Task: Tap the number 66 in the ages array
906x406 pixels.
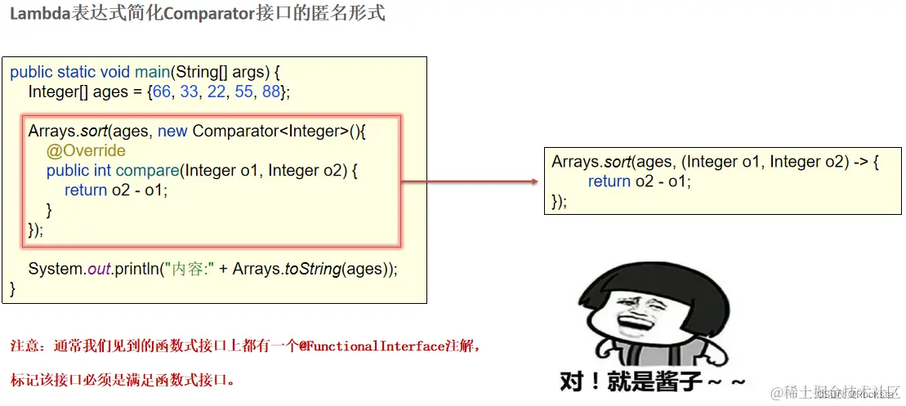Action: (162, 91)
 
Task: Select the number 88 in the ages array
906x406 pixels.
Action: (271, 91)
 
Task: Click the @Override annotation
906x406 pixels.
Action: (86, 151)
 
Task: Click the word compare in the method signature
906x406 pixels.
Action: (147, 171)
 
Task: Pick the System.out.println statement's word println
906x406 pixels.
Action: (136, 269)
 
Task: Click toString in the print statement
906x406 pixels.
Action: (312, 269)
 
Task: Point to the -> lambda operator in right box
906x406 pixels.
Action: (862, 162)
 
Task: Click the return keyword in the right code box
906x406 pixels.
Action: (609, 181)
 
